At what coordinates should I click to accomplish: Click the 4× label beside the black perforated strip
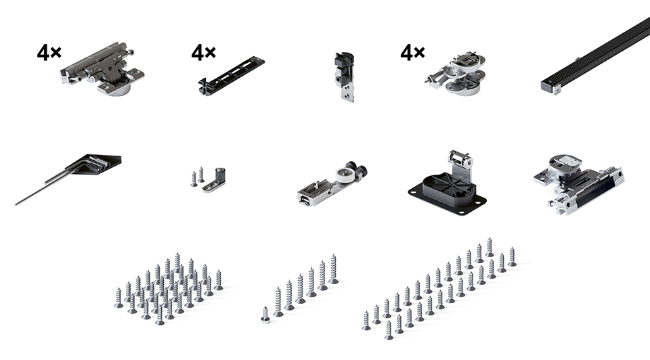(204, 52)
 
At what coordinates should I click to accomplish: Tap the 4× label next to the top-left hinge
(49, 53)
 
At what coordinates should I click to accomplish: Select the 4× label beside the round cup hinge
(412, 52)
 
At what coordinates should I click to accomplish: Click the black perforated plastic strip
(231, 76)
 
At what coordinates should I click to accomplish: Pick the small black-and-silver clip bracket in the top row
(345, 76)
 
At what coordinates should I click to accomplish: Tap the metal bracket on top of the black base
(460, 163)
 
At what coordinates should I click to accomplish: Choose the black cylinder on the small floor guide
(219, 174)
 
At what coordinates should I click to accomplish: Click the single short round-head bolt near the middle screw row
(265, 315)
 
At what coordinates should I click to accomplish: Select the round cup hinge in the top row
(456, 73)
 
